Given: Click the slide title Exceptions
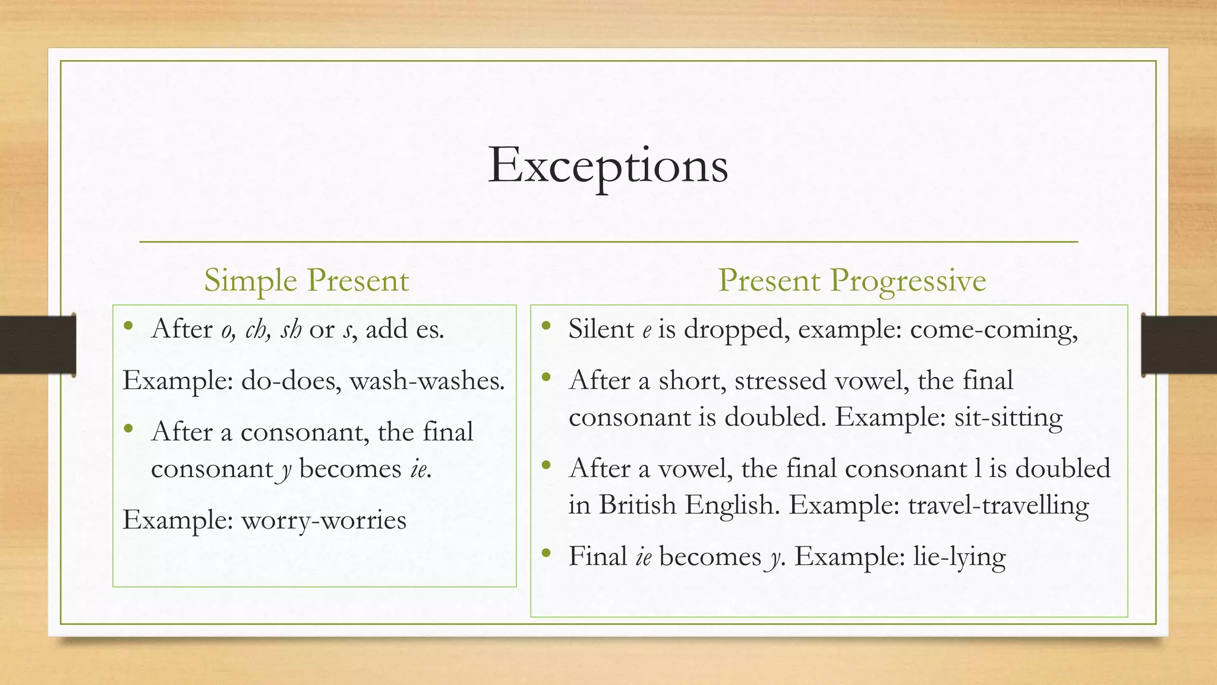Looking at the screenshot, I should click(x=608, y=165).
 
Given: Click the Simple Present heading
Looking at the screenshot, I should click(x=306, y=280).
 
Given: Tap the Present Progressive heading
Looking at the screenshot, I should click(x=852, y=280).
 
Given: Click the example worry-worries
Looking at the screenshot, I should click(x=324, y=520).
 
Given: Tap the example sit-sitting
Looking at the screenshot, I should click(x=1008, y=417).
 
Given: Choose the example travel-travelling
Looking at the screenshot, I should click(x=998, y=505).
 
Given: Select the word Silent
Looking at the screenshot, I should click(x=601, y=329).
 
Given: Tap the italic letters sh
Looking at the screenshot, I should click(x=291, y=329).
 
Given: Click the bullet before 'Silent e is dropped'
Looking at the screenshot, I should click(x=546, y=326).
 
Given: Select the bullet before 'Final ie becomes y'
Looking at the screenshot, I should click(x=546, y=553).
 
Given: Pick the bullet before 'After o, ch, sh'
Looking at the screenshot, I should click(x=128, y=326).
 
